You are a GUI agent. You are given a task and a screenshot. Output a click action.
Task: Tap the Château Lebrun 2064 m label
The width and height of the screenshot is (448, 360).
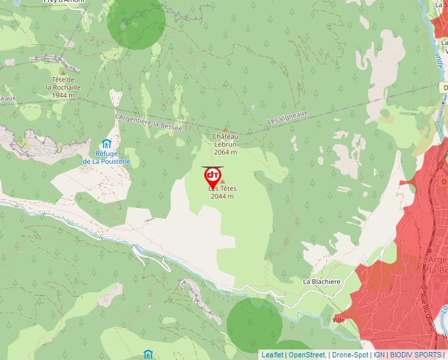pos(225,144)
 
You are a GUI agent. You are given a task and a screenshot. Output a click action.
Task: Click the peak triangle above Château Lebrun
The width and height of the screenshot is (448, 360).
pos(225,130)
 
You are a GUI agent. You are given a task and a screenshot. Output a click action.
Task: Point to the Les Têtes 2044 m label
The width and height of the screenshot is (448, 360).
pos(222,192)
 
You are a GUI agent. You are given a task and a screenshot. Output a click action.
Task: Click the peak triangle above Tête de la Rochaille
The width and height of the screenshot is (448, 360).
pos(63,72)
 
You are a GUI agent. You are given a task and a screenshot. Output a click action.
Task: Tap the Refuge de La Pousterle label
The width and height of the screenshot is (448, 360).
pos(107,157)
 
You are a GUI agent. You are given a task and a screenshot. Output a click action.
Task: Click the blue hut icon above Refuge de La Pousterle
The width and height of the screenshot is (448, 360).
pos(107,143)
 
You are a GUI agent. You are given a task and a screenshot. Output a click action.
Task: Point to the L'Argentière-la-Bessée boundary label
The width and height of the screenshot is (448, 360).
pos(148,122)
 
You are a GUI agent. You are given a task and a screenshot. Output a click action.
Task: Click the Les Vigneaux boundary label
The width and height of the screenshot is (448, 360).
pos(288,118)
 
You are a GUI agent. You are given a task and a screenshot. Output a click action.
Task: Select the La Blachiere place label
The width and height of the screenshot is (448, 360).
pos(322,282)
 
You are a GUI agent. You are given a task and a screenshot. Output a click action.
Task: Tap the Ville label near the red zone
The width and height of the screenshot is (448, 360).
pos(339,320)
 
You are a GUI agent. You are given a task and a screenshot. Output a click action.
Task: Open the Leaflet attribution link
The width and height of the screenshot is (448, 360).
pos(272,355)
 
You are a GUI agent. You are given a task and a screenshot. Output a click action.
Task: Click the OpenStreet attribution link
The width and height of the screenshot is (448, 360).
pos(307,355)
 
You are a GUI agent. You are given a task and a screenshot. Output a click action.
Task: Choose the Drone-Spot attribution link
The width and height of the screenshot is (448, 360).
pos(350,355)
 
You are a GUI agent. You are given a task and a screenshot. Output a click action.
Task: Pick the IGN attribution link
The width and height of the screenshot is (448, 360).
pos(379,355)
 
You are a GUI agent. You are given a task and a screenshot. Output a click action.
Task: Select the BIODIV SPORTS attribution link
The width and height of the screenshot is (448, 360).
pos(415,355)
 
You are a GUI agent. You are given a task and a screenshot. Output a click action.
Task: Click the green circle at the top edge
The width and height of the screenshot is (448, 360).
pos(136,20)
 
